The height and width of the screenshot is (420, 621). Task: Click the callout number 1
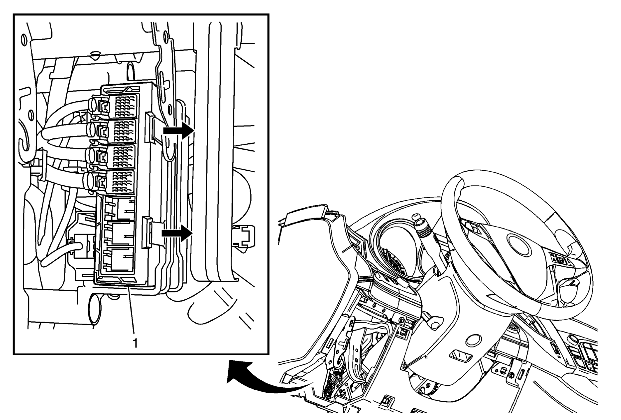click(x=135, y=343)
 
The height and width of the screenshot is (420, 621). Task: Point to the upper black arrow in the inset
click(x=178, y=131)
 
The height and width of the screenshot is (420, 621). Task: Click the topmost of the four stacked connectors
click(x=122, y=105)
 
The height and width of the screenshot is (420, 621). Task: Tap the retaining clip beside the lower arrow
click(x=147, y=232)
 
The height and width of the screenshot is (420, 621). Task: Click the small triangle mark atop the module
click(x=128, y=89)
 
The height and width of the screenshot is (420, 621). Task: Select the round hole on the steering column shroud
click(x=473, y=340)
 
